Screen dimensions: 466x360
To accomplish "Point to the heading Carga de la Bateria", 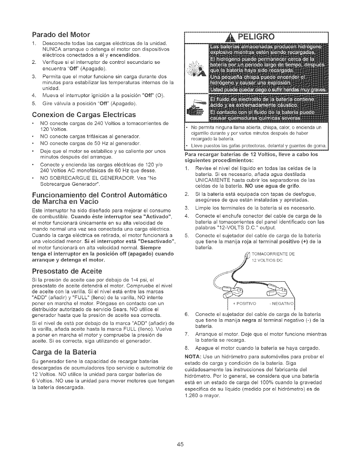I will point(63,352).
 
